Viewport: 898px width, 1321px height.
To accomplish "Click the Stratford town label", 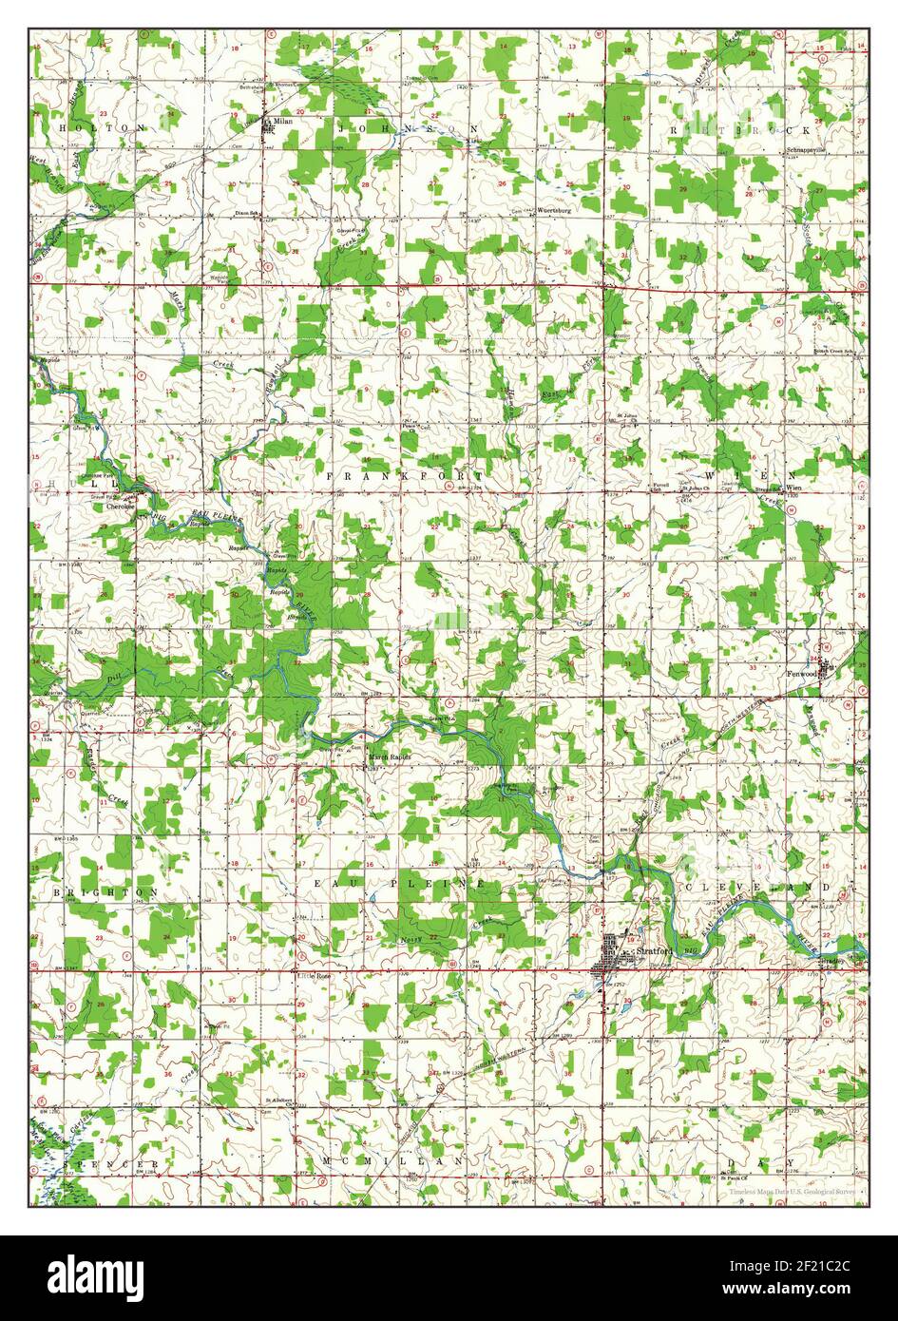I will (655, 949).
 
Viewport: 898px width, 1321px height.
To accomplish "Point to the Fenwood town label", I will (802, 673).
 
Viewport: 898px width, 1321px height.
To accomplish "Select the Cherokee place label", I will (124, 507).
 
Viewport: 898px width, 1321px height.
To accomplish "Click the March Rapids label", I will (390, 756).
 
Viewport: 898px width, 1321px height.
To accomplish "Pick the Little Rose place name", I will (314, 976).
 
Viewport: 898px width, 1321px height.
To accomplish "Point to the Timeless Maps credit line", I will (792, 1190).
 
